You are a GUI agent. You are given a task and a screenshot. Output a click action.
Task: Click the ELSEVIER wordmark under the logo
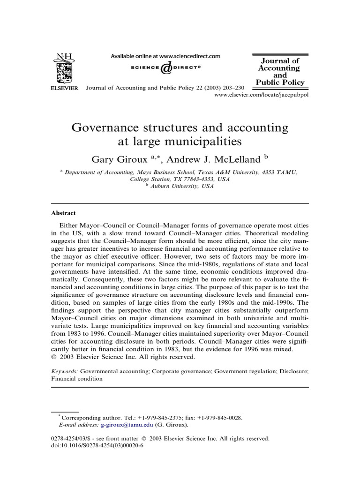click(x=64, y=89)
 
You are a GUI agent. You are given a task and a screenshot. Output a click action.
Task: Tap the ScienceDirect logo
click(x=165, y=69)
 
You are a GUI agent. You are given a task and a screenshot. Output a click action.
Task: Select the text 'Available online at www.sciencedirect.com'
click(x=165, y=56)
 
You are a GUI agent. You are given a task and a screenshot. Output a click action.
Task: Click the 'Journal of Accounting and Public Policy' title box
click(x=280, y=72)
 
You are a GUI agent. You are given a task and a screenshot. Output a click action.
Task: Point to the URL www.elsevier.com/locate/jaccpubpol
click(x=261, y=95)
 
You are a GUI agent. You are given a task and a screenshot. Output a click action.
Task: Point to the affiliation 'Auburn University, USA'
click(x=182, y=186)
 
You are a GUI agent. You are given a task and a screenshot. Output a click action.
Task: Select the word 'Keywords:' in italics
click(x=65, y=371)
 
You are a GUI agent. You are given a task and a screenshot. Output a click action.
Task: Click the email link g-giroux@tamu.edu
click(x=127, y=425)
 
